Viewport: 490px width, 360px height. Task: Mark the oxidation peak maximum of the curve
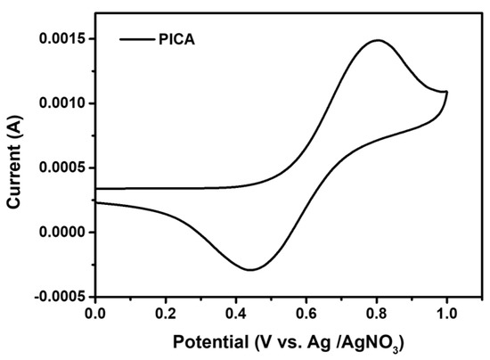[378, 40]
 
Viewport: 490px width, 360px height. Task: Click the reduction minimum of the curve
[251, 269]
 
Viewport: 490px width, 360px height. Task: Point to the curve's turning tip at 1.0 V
[446, 92]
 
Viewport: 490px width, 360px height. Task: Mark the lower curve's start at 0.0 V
[95, 203]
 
